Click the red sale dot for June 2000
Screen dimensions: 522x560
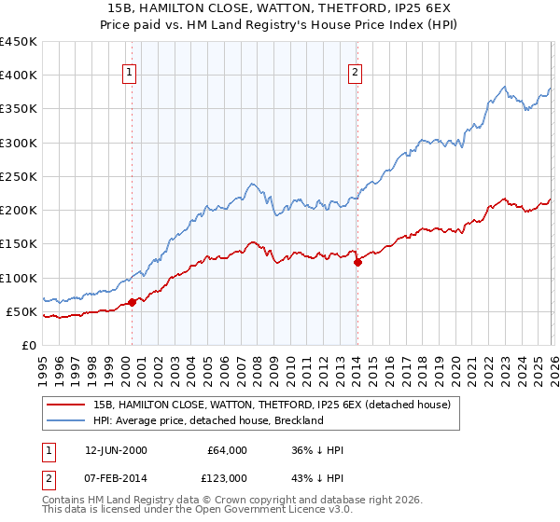tap(133, 301)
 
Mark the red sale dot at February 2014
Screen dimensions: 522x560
tap(357, 262)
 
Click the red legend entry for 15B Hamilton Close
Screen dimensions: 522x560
tap(272, 405)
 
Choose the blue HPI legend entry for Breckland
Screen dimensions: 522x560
tap(207, 420)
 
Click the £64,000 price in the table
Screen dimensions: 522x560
tap(227, 450)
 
